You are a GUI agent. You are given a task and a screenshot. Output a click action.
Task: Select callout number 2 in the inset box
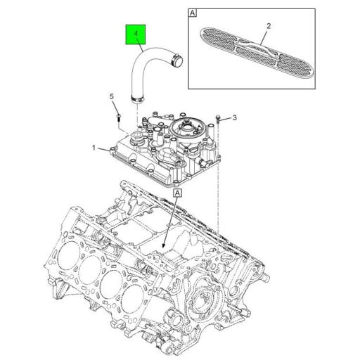[x=268, y=26]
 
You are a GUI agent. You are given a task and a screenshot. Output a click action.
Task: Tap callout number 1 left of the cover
[x=92, y=148]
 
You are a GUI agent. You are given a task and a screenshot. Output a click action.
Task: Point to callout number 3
[x=236, y=117]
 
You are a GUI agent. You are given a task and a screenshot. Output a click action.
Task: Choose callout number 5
[x=110, y=96]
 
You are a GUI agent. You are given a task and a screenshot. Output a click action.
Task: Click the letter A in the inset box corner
[x=193, y=13]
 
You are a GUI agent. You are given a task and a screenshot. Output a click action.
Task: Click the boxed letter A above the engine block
[x=176, y=191]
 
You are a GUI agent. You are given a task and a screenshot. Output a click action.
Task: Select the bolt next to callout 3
[x=220, y=120]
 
